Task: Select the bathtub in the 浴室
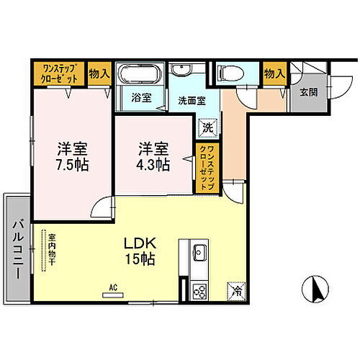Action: (x=140, y=75)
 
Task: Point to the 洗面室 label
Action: (x=190, y=101)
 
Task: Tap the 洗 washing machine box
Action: (x=206, y=126)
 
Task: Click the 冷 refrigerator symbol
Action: (x=237, y=291)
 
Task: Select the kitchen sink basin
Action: (x=199, y=253)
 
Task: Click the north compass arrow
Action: (x=314, y=289)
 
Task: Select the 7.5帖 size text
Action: (x=73, y=164)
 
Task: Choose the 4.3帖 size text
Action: (x=153, y=164)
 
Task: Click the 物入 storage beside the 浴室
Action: (x=99, y=73)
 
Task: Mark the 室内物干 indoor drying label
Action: (x=52, y=248)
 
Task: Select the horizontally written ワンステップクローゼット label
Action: (x=60, y=73)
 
